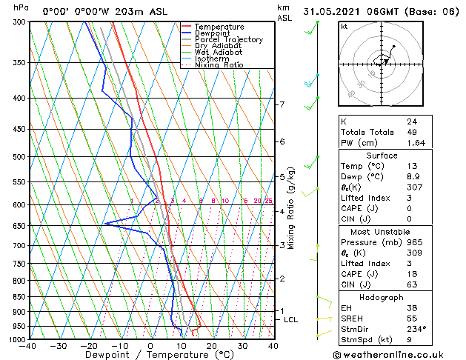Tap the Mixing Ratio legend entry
pos(219,65)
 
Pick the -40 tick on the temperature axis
pos(29,346)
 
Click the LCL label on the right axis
pos(290,319)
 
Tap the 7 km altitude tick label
pos(282,104)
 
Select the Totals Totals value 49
pos(411,132)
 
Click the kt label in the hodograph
pos(344,27)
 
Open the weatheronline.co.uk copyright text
pos(397,353)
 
